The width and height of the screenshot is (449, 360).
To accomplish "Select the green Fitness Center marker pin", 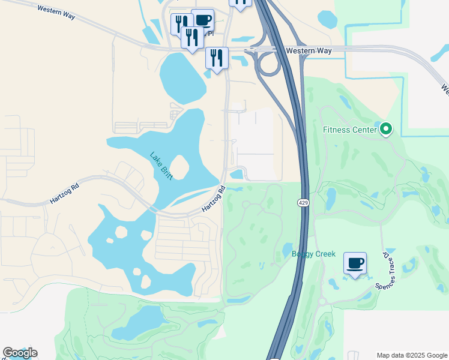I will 386,128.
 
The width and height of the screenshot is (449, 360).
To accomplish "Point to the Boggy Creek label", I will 313,254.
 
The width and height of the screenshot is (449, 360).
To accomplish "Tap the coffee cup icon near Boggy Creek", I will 355,263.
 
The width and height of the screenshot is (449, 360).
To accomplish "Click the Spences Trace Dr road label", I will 386,270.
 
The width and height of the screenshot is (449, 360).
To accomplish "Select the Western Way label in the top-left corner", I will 56,12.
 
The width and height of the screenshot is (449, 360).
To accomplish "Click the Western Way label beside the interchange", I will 310,51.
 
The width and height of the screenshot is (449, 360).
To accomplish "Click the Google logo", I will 20,353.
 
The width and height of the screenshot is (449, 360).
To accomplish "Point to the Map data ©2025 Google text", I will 411,355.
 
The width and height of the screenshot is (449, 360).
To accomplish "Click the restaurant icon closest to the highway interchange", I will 217,58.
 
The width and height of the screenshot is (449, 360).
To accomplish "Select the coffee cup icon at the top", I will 203,19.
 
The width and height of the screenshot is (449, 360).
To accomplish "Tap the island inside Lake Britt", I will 179,167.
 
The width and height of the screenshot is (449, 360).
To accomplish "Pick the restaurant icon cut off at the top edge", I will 240,3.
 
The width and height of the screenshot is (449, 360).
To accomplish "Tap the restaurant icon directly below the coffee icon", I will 192,38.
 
